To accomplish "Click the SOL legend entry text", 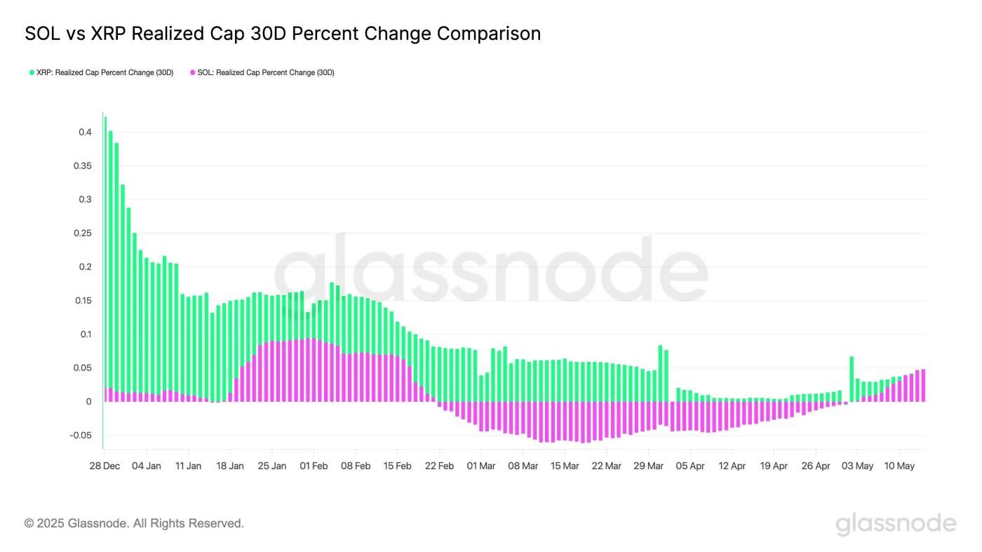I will pos(266,72).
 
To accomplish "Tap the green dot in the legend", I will pos(32,72).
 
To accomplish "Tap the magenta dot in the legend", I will pos(192,72).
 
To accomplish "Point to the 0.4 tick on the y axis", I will pos(84,132).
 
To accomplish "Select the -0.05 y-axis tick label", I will pos(80,436).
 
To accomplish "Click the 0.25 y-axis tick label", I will pos(82,233).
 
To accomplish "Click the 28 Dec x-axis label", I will pos(104,466).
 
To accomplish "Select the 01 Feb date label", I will pos(314,466).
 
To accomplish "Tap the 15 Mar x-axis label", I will pos(565,466).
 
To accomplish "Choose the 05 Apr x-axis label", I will pos(691,466).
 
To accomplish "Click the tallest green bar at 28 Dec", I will pos(105,210).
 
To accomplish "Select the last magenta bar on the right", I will pos(923,385).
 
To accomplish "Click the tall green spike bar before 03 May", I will pos(852,379).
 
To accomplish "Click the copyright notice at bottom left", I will pos(134,523).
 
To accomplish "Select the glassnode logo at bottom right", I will pos(896,524).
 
